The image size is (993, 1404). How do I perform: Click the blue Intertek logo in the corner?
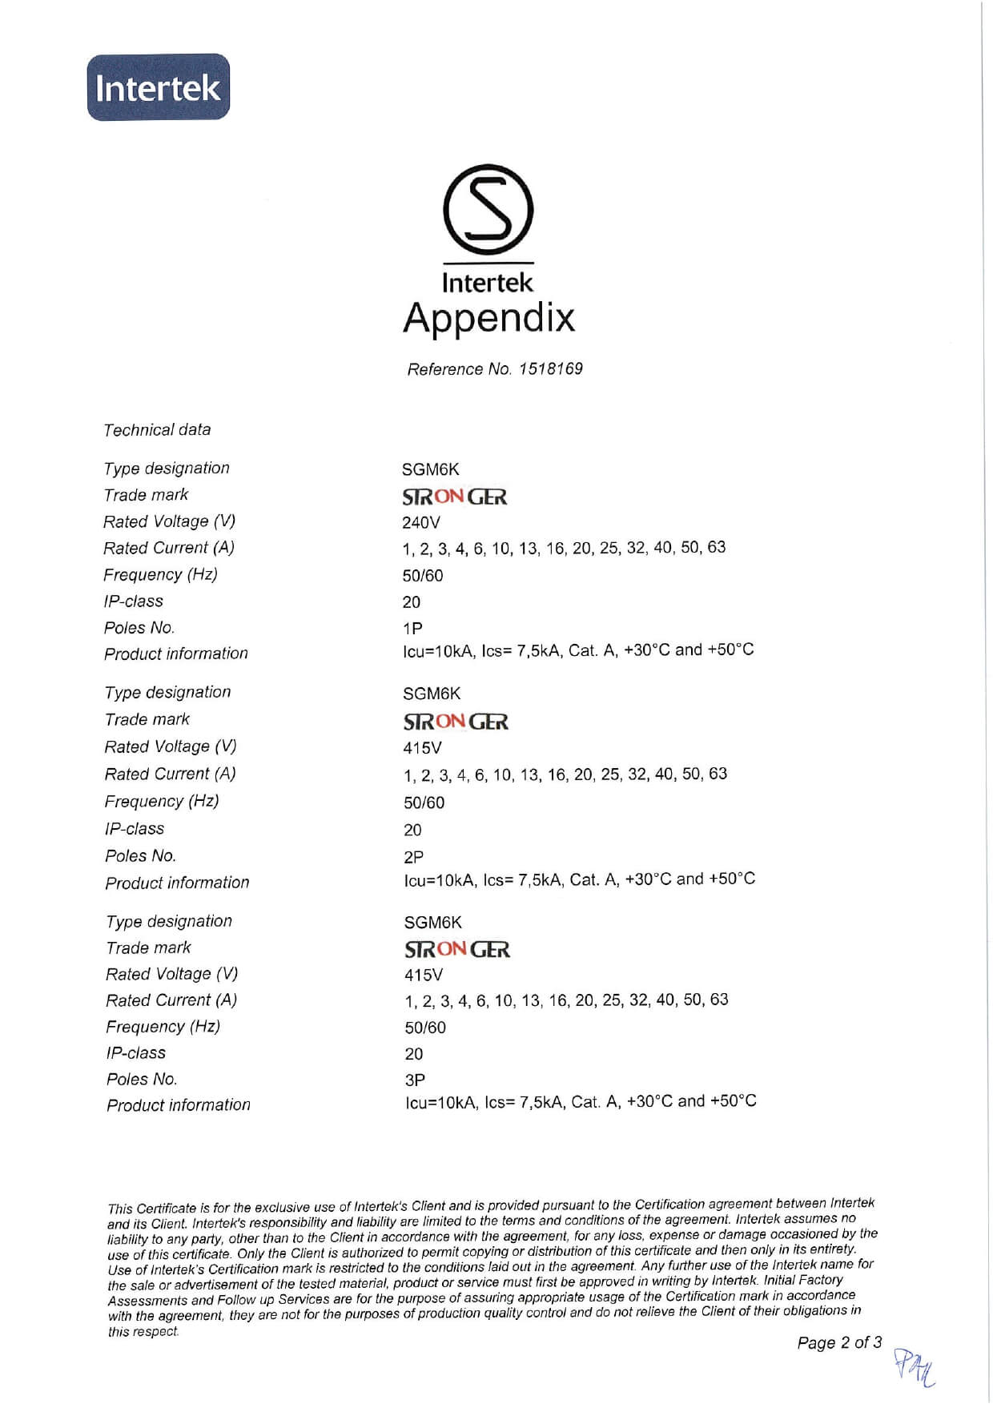click(158, 87)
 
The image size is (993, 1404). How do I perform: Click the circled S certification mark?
click(488, 210)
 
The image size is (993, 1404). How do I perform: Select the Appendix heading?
click(488, 317)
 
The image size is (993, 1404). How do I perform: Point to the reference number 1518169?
click(550, 368)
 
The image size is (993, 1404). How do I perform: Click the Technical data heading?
click(157, 430)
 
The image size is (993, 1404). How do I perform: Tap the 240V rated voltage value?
click(420, 523)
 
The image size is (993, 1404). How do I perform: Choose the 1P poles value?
click(412, 629)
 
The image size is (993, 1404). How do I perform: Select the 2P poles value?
click(413, 857)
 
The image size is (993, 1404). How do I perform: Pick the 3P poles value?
click(415, 1080)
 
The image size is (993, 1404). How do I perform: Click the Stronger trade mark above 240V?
click(454, 497)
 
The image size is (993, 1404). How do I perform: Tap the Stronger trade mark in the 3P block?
click(456, 950)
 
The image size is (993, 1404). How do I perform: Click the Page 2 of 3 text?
click(838, 1342)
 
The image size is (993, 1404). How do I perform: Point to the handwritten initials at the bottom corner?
click(914, 1367)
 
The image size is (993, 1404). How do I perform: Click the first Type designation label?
click(167, 469)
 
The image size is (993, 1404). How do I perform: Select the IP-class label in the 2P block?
click(135, 829)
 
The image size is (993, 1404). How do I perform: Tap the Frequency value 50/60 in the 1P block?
click(422, 576)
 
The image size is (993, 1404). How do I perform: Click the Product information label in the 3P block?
click(179, 1105)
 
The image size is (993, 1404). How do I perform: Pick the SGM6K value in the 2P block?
click(432, 694)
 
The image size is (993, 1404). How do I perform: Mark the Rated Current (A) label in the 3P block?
click(171, 1000)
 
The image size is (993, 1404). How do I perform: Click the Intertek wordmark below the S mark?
click(487, 283)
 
